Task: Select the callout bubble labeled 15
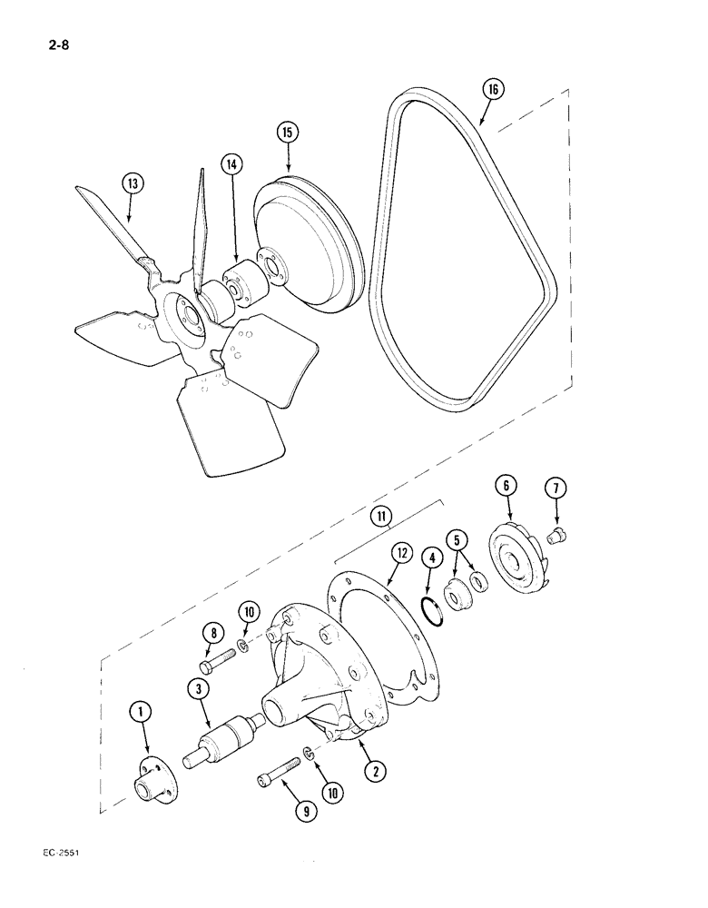pos(286,133)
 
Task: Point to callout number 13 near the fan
pos(133,183)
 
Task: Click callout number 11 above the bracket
pos(380,519)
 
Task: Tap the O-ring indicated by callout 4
pos(433,611)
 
